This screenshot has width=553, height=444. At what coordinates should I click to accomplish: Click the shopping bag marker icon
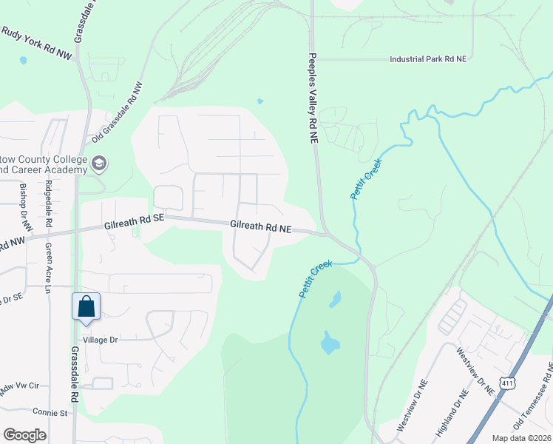pyautogui.click(x=86, y=306)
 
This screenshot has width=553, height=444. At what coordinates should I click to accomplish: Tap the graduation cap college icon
pyautogui.click(x=100, y=163)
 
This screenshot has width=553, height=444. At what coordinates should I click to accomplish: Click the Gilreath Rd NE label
pyautogui.click(x=261, y=229)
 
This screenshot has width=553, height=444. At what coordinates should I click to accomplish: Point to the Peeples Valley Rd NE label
pyautogui.click(x=313, y=98)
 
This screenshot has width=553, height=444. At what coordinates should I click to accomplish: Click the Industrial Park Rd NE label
pyautogui.click(x=430, y=58)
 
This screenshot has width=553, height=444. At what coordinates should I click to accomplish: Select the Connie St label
pyautogui.click(x=50, y=411)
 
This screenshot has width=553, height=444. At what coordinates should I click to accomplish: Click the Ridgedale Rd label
pyautogui.click(x=49, y=203)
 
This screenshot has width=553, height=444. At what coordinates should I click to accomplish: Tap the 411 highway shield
pyautogui.click(x=506, y=382)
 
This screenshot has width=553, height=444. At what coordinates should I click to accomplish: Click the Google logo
pyautogui.click(x=24, y=435)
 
